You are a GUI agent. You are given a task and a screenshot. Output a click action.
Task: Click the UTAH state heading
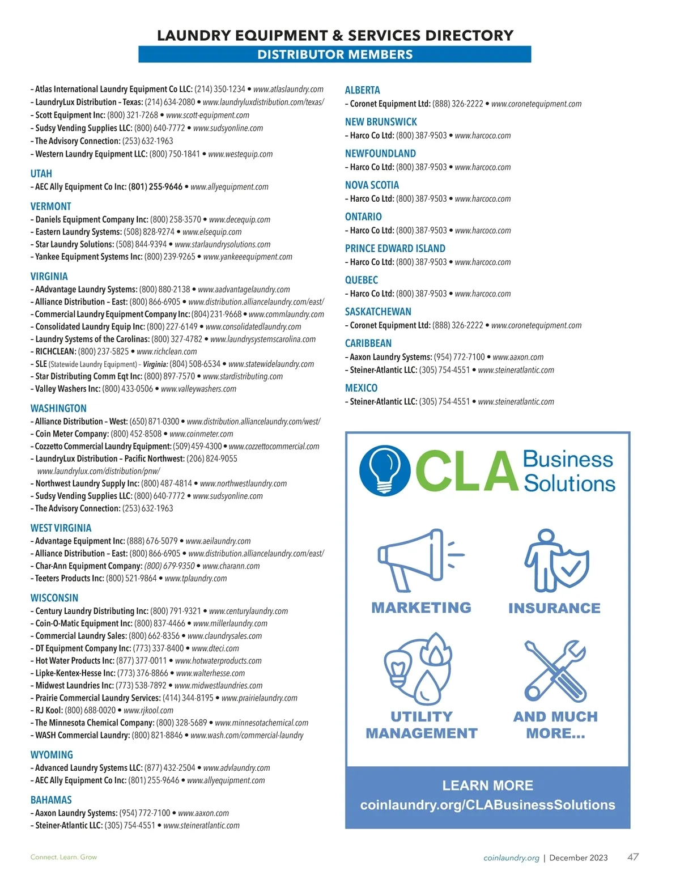[x=41, y=174]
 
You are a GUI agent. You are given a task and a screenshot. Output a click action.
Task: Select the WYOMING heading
[x=52, y=755]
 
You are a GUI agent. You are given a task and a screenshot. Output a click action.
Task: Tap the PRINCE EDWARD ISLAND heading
[x=395, y=248]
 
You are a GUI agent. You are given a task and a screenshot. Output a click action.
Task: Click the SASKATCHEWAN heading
[x=378, y=312]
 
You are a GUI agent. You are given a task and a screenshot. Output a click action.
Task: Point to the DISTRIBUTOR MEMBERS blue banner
[x=335, y=54]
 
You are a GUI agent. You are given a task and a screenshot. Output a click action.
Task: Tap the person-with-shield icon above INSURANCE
[x=555, y=561]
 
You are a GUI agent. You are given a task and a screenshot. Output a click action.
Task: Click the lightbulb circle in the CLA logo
[x=385, y=470]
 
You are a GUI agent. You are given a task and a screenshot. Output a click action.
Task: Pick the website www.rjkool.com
[x=148, y=711]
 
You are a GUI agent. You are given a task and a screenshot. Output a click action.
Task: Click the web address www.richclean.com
[x=167, y=351]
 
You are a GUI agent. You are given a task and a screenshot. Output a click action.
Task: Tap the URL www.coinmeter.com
[x=201, y=434]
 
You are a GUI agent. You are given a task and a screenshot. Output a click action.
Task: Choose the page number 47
[x=633, y=857]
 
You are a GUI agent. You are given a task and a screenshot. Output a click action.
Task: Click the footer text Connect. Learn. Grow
[x=63, y=857]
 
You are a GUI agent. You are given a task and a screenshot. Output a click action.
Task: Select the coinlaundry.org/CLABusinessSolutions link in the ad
[x=487, y=805]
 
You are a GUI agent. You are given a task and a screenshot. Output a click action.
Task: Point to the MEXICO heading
[x=361, y=388]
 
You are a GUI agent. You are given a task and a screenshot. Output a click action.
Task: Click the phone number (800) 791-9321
[x=176, y=611]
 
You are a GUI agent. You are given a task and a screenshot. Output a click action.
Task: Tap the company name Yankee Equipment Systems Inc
[x=88, y=257]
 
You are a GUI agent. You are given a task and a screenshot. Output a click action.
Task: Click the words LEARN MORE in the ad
[x=487, y=786]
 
